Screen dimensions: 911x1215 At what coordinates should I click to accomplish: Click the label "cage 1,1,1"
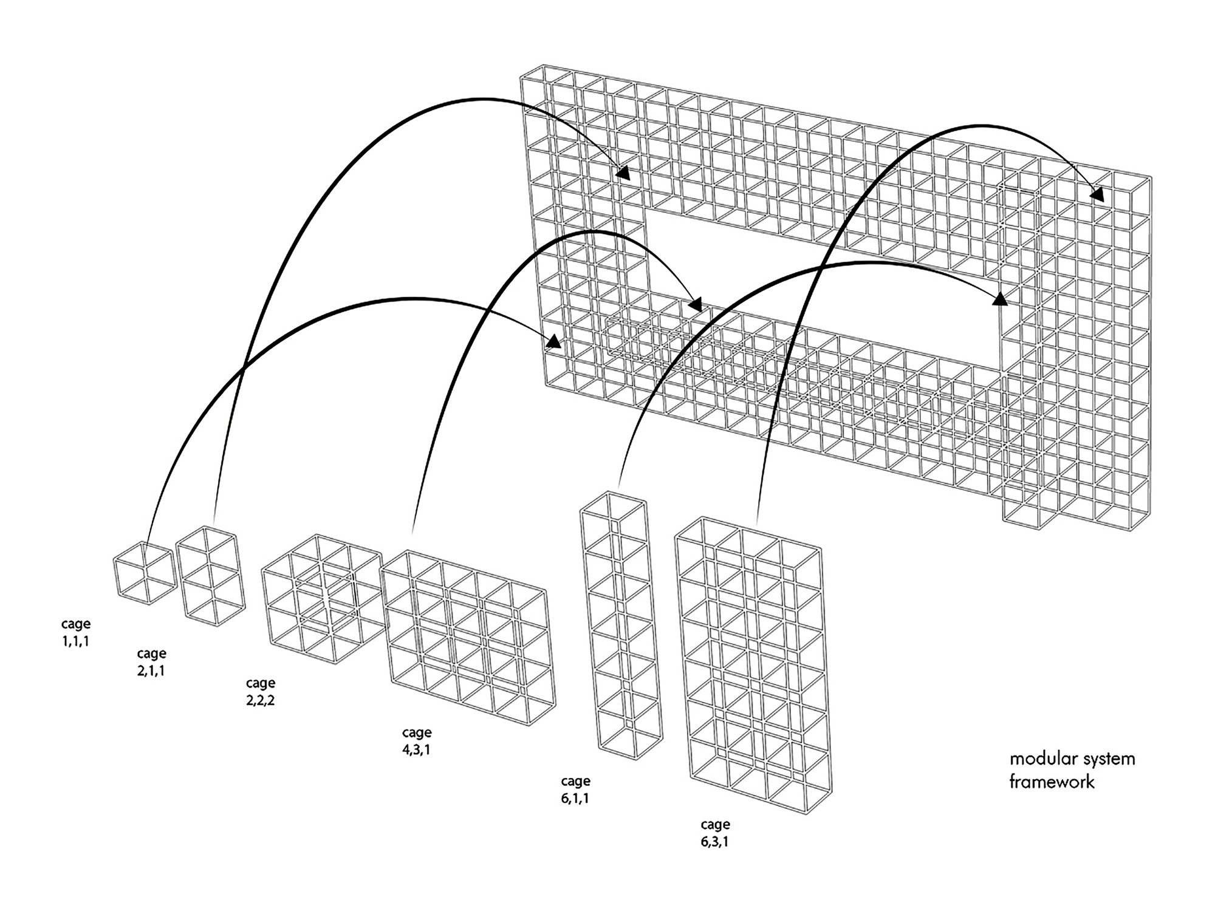[75, 632]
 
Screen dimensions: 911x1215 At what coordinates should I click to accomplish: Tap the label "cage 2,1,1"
[151, 662]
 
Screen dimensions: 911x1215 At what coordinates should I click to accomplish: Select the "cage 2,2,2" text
[261, 692]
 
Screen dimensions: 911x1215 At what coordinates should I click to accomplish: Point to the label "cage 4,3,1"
[417, 741]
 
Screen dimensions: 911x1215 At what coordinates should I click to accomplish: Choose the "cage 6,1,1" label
[575, 790]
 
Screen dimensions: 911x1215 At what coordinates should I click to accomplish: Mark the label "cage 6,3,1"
[715, 833]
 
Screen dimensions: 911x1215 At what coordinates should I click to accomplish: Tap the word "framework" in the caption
[1052, 782]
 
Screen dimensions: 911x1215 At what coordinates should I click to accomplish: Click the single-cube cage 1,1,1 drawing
[144, 573]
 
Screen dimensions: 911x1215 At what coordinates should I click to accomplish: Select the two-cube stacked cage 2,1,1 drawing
[211, 576]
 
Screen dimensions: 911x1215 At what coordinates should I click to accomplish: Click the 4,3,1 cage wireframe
[468, 638]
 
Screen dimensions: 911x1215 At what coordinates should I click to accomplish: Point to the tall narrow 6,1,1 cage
[621, 626]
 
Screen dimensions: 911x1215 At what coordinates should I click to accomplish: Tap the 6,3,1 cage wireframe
[753, 665]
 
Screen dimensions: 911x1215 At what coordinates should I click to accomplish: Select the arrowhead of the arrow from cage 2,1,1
[623, 173]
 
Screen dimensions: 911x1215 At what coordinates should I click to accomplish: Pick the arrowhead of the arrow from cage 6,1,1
[998, 298]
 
